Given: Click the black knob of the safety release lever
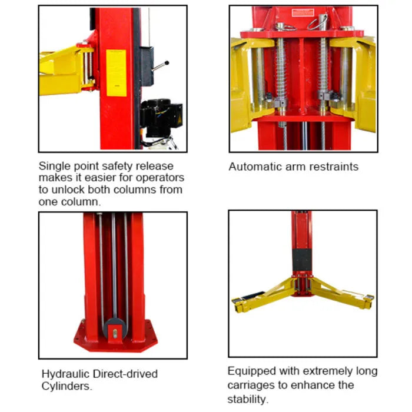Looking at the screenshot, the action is (167, 63).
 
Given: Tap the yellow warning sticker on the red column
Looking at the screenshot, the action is (116, 73).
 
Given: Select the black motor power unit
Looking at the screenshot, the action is (161, 118).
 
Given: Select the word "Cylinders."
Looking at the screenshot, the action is (67, 386).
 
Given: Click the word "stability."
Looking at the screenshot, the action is (248, 399).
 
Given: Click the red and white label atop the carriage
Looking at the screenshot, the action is (303, 12).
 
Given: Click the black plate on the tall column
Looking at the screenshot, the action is (301, 260).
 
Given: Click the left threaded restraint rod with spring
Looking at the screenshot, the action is (281, 76).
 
